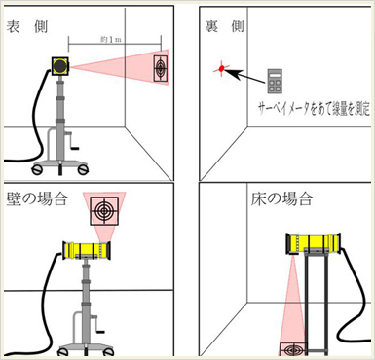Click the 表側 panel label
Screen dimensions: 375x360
coord(27,26)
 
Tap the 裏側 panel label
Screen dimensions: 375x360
coord(225,26)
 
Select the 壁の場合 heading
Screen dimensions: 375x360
coord(37,198)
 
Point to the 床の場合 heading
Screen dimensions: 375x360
coord(281,198)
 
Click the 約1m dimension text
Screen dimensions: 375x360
coord(111,40)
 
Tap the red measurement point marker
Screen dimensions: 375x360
coord(221,68)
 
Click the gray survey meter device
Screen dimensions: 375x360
coord(275,81)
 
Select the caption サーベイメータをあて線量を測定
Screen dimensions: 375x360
coord(314,109)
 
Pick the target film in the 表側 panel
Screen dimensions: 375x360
coord(161,68)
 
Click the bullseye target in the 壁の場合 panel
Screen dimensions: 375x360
coord(104,211)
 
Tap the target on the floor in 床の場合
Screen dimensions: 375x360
coord(293,349)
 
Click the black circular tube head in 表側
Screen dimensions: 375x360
coord(60,66)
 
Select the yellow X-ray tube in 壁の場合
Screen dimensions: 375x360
coord(87,250)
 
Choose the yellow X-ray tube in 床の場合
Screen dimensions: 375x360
coord(314,242)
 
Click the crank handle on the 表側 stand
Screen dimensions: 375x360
coord(72,142)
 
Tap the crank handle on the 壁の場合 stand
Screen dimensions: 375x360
coord(97,324)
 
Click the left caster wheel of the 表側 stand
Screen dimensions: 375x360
coord(37,169)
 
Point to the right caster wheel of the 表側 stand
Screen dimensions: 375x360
coord(83,169)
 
